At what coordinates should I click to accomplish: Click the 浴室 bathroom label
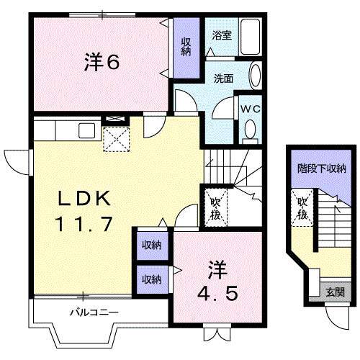221,34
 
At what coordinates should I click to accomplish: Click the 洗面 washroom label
222,79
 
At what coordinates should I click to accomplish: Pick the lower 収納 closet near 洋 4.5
150,279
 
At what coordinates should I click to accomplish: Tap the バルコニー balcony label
94,312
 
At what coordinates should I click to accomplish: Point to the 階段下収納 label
322,169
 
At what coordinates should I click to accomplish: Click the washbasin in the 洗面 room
256,75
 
